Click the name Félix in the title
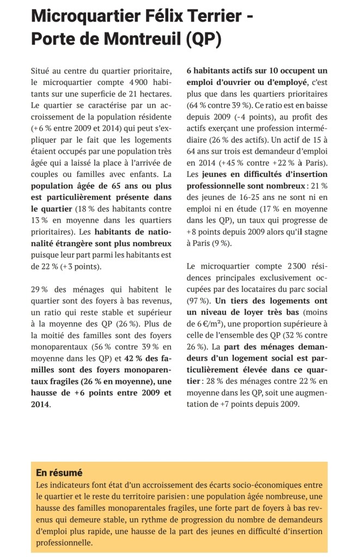pos(166,16)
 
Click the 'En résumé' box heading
pos(58,472)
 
